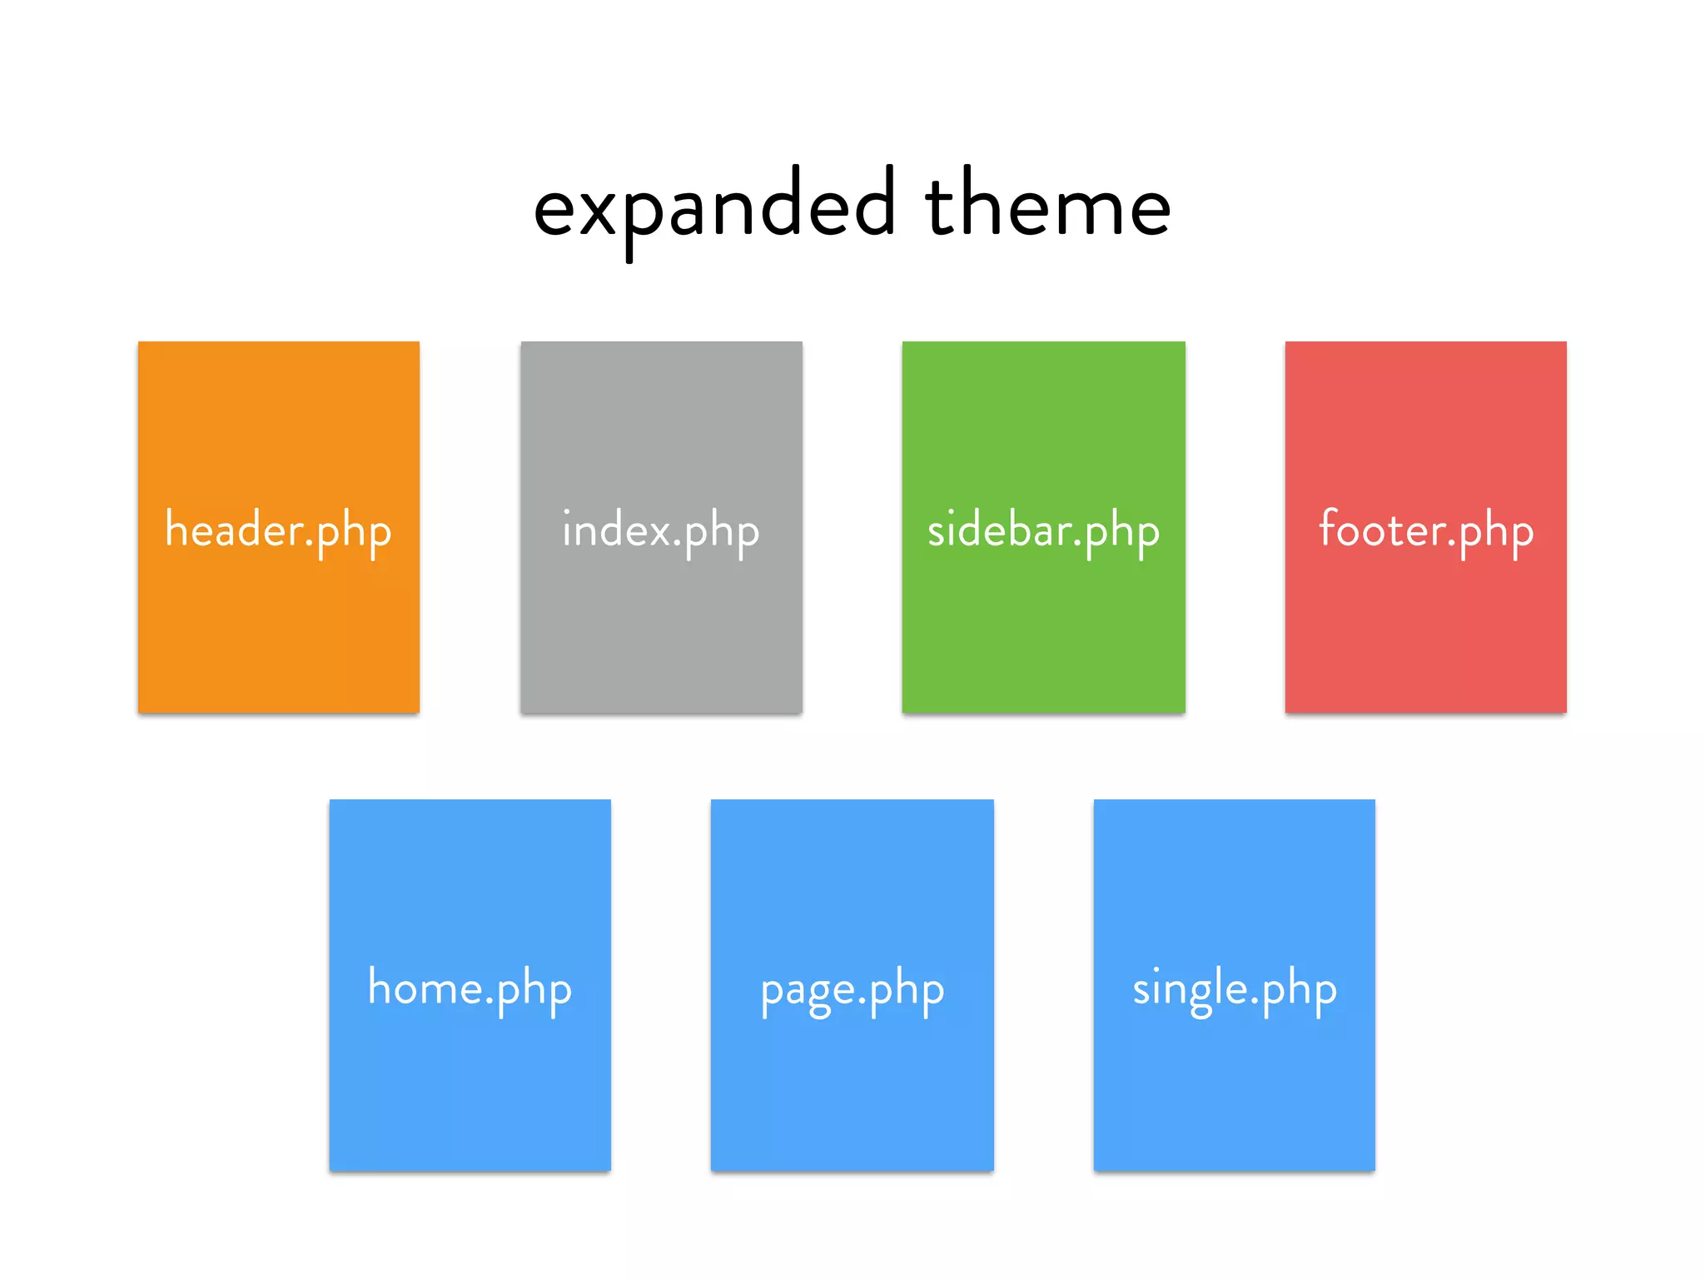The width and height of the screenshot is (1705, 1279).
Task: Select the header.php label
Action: click(x=278, y=530)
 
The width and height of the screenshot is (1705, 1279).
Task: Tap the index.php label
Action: click(x=661, y=530)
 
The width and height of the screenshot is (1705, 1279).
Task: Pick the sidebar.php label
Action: click(x=1043, y=530)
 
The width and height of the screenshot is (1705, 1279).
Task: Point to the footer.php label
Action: click(x=1425, y=530)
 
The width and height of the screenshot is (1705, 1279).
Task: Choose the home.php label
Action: click(x=470, y=989)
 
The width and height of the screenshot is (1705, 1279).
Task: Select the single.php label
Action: click(x=1234, y=989)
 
